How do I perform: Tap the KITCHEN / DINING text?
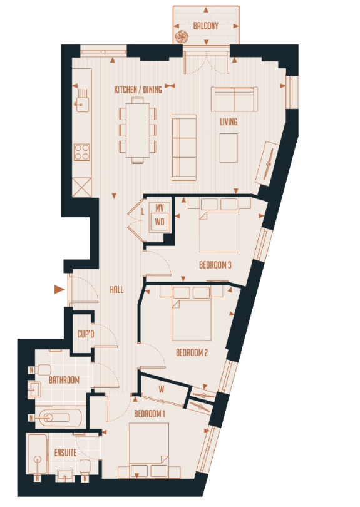point(138,90)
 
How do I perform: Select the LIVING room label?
point(229,121)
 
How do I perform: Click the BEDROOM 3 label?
point(215,265)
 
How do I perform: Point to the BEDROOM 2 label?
point(192,353)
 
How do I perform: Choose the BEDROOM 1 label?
point(150,413)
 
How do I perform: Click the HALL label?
point(116,290)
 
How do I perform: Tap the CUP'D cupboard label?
point(85,335)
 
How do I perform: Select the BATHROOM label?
point(64,380)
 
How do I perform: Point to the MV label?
point(160,208)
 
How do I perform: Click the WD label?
point(160,221)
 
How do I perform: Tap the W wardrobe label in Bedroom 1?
point(162,390)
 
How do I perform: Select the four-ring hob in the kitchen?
point(81,150)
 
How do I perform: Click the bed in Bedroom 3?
point(219,228)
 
